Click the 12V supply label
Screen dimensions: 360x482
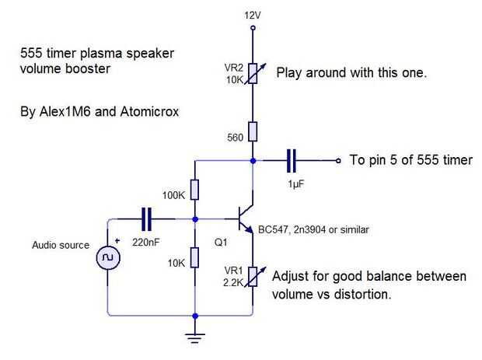pos(253,16)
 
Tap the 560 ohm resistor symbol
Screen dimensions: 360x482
pos(253,131)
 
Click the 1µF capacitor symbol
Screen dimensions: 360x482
pos(292,161)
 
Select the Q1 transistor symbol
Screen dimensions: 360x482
pos(246,220)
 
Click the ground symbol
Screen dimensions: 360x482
pos(194,336)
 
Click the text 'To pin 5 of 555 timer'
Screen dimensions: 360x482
pos(410,161)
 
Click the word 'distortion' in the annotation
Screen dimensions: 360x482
pos(361,295)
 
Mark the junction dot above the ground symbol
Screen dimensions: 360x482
pos(194,316)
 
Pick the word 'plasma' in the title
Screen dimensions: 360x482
pos(93,54)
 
